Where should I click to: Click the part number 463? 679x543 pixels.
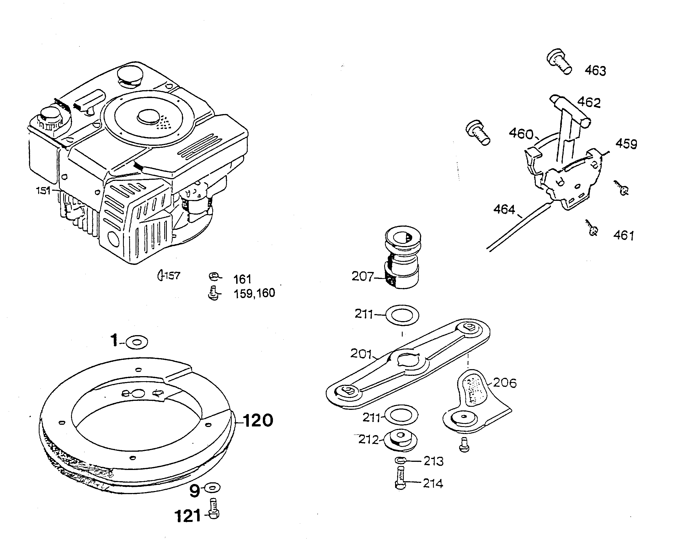[x=595, y=71]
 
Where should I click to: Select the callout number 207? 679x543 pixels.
[x=362, y=276]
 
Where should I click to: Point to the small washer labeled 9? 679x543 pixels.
[x=213, y=488]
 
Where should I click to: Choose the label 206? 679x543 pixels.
[x=505, y=383]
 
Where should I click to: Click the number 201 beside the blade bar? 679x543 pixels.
[x=361, y=354]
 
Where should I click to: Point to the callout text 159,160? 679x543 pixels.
[x=254, y=293]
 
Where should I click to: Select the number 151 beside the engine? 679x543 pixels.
[x=43, y=190]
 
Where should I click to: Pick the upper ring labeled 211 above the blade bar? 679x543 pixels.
[x=402, y=315]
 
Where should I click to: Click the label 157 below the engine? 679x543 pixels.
[x=172, y=276]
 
